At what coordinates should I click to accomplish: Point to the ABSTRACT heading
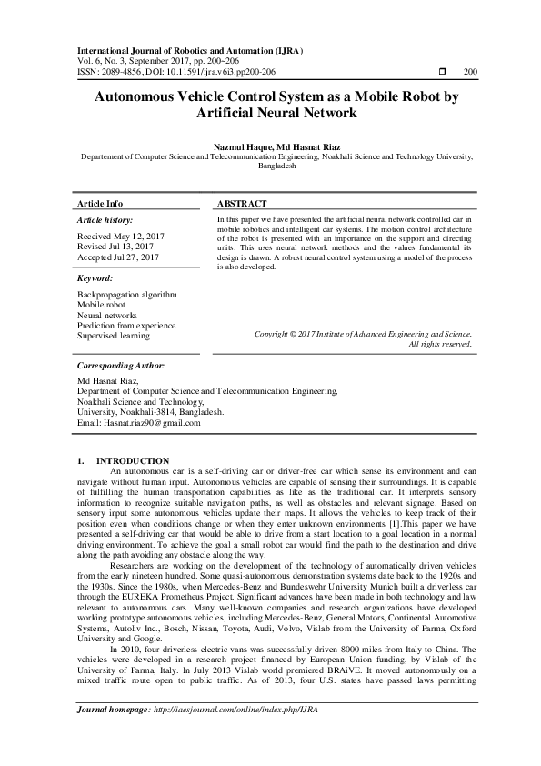(x=243, y=204)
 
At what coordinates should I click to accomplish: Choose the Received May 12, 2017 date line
(x=115, y=236)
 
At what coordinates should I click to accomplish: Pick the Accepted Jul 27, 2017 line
(x=115, y=257)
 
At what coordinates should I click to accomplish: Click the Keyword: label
(x=95, y=277)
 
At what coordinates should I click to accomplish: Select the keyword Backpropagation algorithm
(x=127, y=296)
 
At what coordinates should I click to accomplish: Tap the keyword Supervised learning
(x=115, y=336)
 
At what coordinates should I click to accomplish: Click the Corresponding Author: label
(x=121, y=365)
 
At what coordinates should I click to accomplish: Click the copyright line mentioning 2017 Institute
(x=363, y=334)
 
